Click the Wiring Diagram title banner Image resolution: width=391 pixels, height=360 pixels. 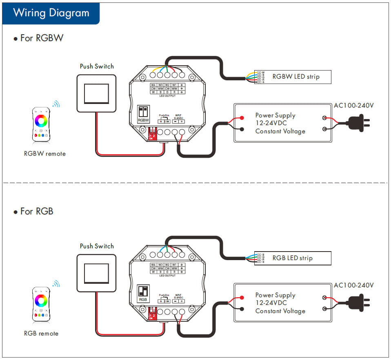[51, 13]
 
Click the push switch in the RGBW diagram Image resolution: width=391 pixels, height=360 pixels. [96, 93]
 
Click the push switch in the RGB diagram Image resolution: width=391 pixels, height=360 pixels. [96, 273]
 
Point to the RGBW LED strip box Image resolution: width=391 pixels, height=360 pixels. [293, 77]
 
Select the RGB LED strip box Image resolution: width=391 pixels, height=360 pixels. [293, 258]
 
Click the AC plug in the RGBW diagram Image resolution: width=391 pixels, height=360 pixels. [359, 122]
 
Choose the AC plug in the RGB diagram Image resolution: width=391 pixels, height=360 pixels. [359, 302]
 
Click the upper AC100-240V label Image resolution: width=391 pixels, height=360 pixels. [353, 106]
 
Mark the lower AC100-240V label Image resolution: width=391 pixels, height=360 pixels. [353, 285]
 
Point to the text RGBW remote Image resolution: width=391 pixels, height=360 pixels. [45, 154]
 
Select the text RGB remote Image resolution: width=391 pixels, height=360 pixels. [41, 333]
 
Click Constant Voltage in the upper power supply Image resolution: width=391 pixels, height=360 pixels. [280, 131]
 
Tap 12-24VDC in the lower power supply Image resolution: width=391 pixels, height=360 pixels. [271, 303]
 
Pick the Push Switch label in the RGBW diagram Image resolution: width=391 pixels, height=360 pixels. [97, 66]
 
